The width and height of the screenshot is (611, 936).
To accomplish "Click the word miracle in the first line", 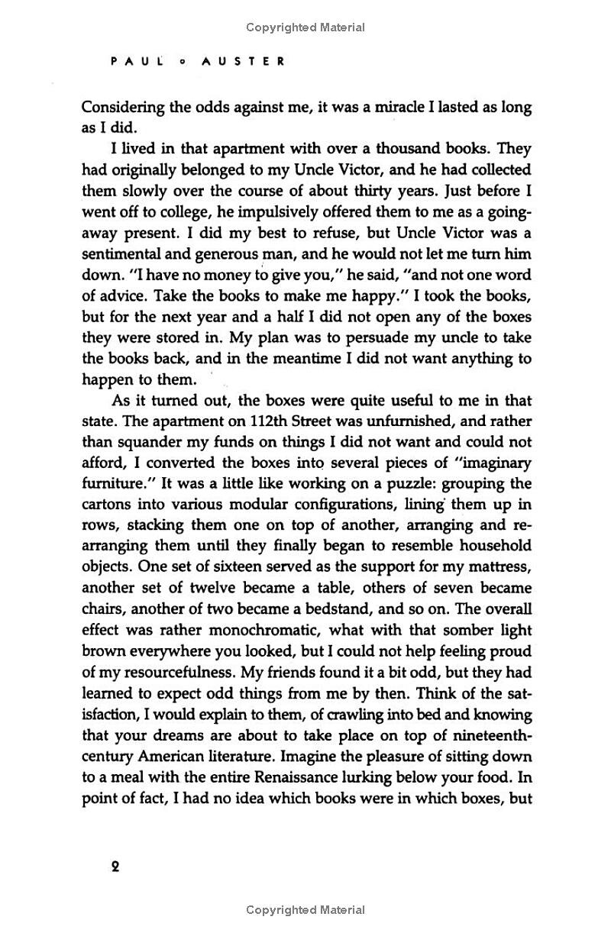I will (x=387, y=107).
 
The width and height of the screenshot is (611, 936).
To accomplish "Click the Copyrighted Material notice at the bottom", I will (x=305, y=910).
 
